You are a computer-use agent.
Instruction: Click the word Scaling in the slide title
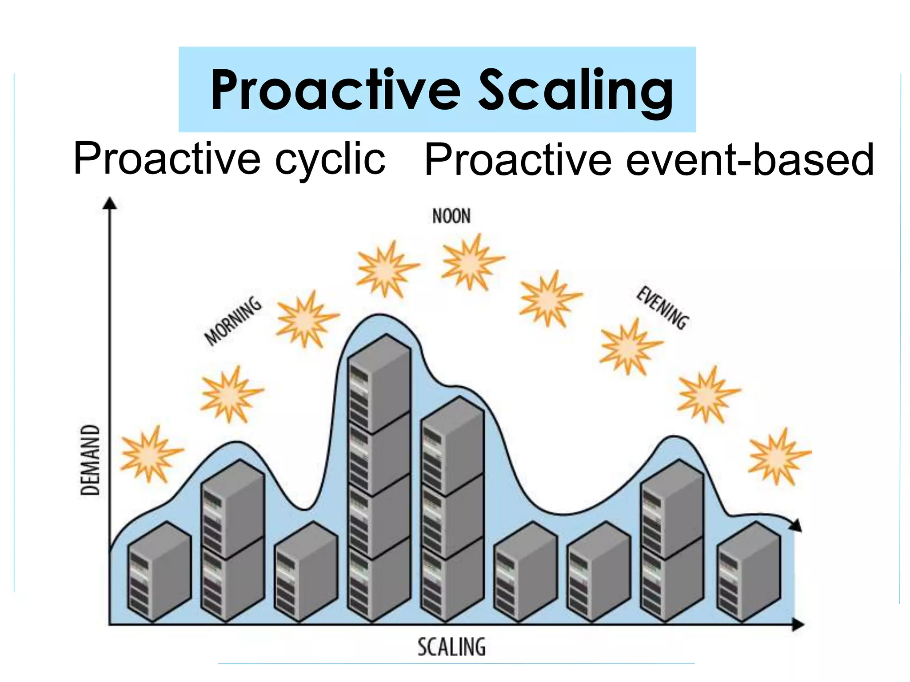(576, 91)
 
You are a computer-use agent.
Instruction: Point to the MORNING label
(233, 321)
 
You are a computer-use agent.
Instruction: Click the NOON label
(451, 217)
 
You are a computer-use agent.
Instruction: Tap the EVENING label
(662, 308)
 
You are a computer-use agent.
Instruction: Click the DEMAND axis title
(90, 460)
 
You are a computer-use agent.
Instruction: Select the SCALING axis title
(451, 647)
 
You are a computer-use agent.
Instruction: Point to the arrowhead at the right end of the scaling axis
(799, 625)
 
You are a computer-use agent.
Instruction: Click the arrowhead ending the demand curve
(796, 525)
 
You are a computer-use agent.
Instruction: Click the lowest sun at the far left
(151, 454)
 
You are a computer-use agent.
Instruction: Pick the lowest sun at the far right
(778, 456)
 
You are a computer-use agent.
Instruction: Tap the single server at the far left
(159, 572)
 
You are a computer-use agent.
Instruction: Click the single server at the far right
(749, 572)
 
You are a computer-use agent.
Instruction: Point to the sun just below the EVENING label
(629, 347)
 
